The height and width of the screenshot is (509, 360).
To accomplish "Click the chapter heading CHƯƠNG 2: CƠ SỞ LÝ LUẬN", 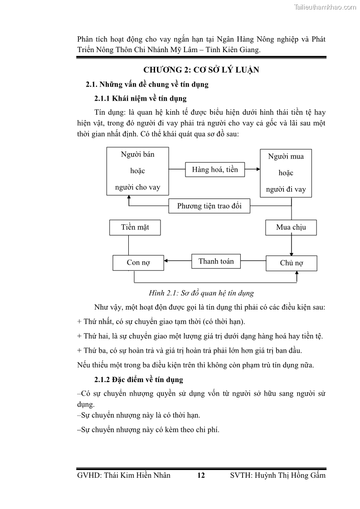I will coord(201,70).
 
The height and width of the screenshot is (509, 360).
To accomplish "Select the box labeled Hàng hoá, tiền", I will coord(215,170).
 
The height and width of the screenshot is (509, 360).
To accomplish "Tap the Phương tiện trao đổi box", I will coord(209,206).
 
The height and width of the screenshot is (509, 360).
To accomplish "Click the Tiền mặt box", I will coord(135,228).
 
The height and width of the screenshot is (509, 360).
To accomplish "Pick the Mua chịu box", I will coord(291,228).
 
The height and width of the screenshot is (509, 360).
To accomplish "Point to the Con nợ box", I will coord(138,262).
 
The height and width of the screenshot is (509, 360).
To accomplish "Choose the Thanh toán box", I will coord(216,262).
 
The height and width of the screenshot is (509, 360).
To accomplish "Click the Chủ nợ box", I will coord(291,263).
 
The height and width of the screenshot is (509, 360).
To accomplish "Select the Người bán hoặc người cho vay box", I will coord(137,171).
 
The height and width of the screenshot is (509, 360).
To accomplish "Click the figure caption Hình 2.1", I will coord(201,293).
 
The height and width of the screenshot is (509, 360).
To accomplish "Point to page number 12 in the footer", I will coord(201,475).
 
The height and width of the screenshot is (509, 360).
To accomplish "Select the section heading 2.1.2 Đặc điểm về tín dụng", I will coord(138,379).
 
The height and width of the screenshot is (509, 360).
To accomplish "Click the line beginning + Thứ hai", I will coord(200,336).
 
